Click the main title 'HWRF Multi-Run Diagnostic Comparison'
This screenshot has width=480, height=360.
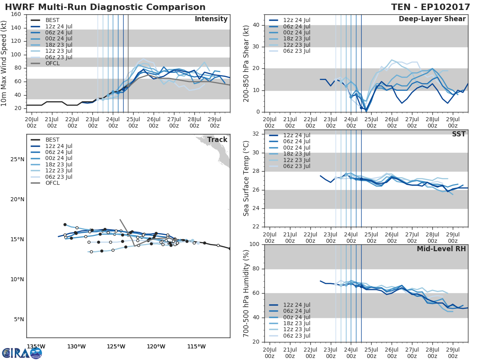[105, 7]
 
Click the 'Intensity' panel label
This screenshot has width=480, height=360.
[211, 19]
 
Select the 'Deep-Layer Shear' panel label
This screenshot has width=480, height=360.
[432, 19]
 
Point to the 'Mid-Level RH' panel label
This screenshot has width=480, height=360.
[441, 249]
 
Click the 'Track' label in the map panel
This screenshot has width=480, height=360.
[217, 140]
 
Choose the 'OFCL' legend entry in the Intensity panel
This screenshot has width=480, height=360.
[52, 64]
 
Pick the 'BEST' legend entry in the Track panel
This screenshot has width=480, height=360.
[52, 140]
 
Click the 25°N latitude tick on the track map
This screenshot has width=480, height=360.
[17, 160]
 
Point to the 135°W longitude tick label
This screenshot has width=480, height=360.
[36, 346]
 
